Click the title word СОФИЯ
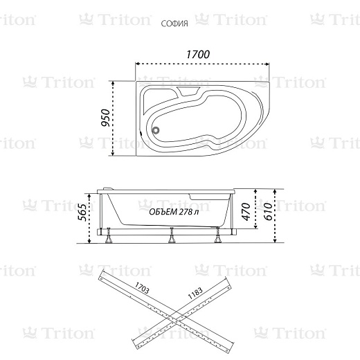(x=174, y=24)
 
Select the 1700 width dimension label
(x=198, y=55)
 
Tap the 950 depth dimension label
(x=106, y=118)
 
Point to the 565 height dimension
(x=82, y=213)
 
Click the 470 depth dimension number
(x=246, y=212)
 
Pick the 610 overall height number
(x=268, y=212)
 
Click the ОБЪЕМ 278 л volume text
(x=174, y=212)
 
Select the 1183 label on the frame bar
(x=195, y=293)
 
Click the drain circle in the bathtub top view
(x=156, y=130)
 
